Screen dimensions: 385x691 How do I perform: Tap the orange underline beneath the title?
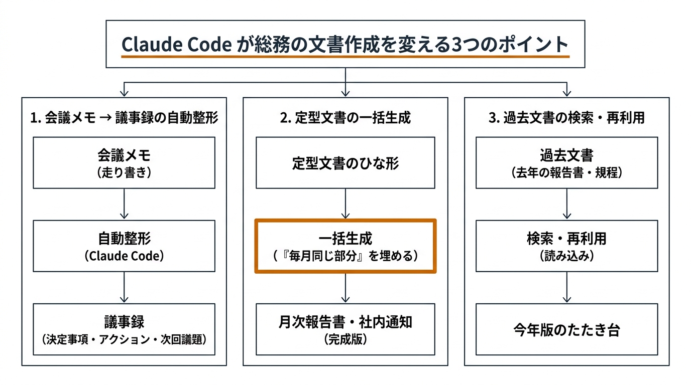(345, 57)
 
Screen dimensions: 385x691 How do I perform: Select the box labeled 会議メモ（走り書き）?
(124, 163)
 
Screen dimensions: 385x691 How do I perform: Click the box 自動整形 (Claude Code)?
(124, 246)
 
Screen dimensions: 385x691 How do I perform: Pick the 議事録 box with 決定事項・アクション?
(124, 329)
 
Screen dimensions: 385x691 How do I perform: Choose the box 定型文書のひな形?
(345, 163)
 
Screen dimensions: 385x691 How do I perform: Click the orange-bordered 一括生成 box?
(345, 246)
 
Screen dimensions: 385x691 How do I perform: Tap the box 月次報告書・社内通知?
(345, 329)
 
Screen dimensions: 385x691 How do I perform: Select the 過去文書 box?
(566, 163)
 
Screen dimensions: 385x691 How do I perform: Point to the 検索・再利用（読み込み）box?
(566, 246)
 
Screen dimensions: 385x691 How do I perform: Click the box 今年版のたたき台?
(566, 329)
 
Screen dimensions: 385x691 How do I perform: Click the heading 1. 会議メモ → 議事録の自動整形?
(124, 118)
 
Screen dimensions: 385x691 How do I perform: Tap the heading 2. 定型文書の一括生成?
(345, 118)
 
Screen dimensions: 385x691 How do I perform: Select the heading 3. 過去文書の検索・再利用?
(566, 118)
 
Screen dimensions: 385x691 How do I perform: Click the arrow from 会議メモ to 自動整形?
(124, 205)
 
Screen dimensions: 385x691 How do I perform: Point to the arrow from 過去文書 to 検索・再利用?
(566, 205)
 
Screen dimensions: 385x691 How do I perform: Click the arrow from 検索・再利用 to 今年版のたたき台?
(566, 288)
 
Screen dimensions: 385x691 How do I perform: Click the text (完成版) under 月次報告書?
(345, 339)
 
